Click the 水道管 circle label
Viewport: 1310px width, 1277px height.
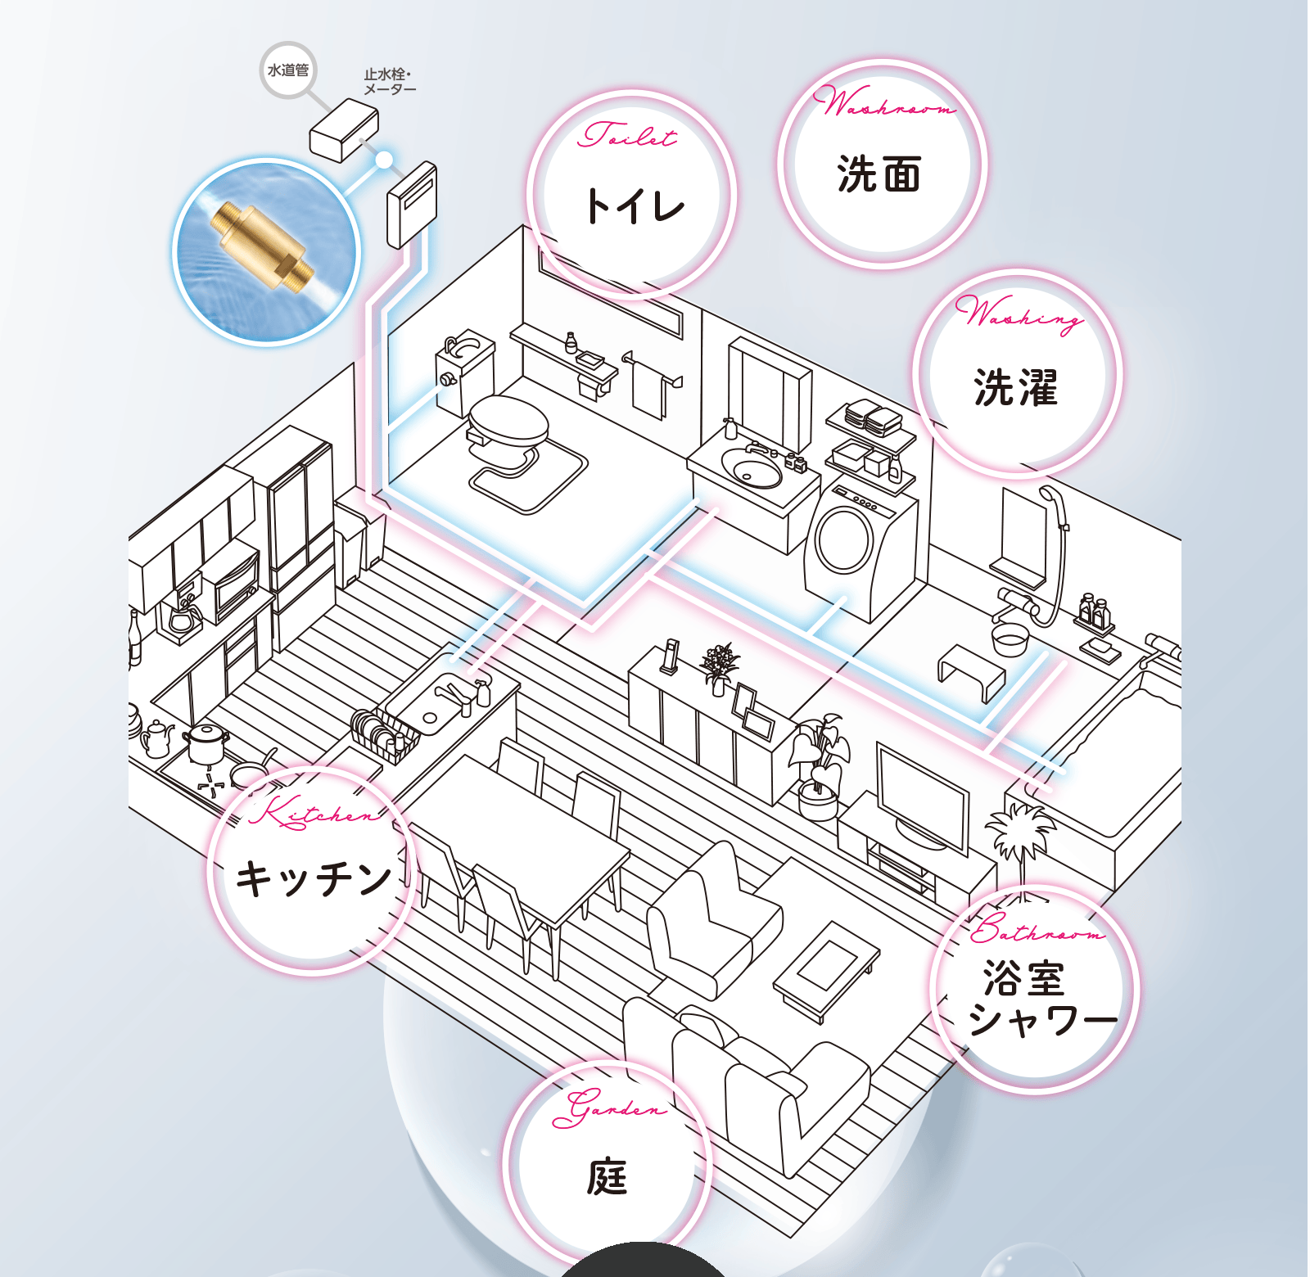[287, 70]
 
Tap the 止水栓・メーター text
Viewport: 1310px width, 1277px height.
[390, 82]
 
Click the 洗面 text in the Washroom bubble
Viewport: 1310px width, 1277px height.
[879, 174]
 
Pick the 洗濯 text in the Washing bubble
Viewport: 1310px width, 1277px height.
[1015, 387]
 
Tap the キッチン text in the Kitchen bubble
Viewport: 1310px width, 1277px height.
[314, 878]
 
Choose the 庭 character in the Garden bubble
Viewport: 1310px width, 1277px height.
[607, 1177]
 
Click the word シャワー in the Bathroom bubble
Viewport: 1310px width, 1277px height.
[1042, 1020]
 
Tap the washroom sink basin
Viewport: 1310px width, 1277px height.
[752, 470]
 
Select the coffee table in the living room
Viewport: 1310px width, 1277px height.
[827, 970]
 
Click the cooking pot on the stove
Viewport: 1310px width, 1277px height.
[206, 742]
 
